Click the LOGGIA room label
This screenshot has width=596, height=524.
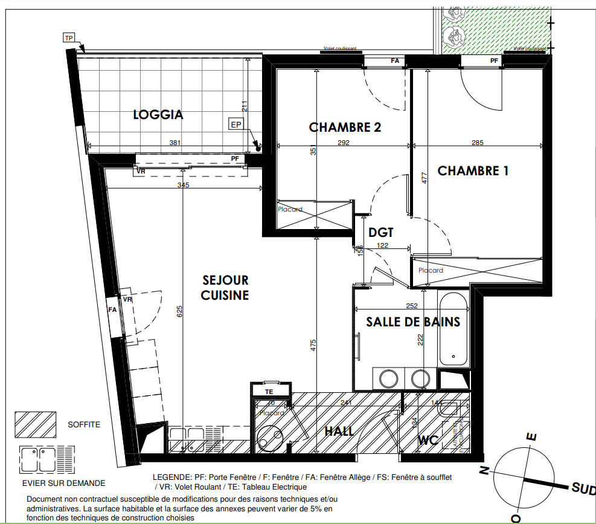158,114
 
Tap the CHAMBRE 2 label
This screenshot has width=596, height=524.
345,127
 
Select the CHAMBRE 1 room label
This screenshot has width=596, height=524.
473,171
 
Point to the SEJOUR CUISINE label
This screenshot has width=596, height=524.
225,288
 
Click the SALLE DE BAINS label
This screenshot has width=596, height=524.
413,322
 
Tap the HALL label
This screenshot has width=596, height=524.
339,432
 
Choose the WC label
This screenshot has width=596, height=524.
428,441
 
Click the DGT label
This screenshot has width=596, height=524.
381,232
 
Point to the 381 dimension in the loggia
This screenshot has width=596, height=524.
174,143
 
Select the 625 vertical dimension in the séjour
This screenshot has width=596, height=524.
180,311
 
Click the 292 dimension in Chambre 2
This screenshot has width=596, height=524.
344,143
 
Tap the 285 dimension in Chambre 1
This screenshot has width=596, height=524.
477,143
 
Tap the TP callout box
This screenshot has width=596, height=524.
69,37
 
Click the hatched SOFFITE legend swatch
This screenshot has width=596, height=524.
35,424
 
